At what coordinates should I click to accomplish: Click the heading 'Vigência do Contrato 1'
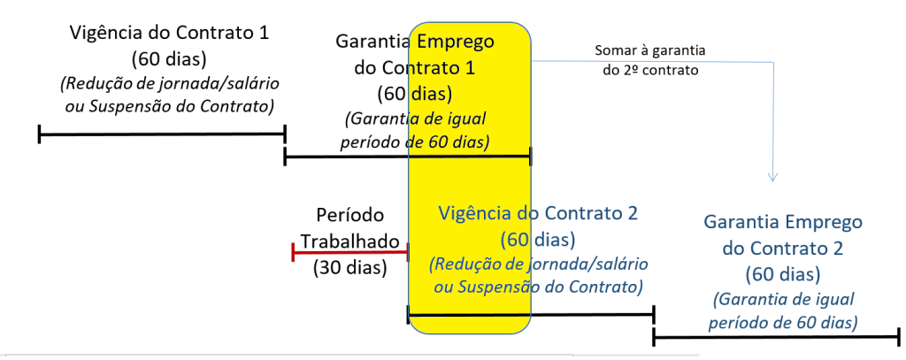click(168, 34)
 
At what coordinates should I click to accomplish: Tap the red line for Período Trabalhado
click(349, 253)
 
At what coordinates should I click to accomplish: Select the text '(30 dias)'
click(350, 267)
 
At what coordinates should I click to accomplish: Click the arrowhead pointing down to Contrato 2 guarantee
click(772, 177)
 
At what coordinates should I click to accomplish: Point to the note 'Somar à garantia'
click(649, 50)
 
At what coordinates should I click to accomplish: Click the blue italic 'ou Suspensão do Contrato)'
click(536, 287)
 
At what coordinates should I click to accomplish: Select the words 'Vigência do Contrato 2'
click(538, 214)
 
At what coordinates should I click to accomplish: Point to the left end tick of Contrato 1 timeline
click(40, 134)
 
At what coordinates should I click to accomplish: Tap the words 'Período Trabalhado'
click(350, 228)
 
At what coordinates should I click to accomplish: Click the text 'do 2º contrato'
click(651, 71)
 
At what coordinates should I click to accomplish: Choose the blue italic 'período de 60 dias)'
click(781, 322)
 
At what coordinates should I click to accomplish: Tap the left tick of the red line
click(293, 253)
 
